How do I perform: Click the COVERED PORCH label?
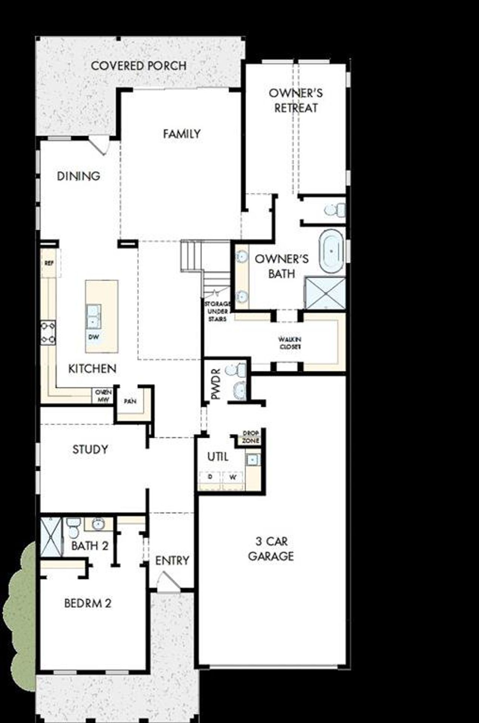pyautogui.click(x=138, y=66)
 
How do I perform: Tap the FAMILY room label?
pyautogui.click(x=181, y=134)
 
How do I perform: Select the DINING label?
pyautogui.click(x=79, y=176)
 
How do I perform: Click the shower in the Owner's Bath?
pyautogui.click(x=326, y=293)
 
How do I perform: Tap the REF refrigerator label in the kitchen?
pyautogui.click(x=49, y=263)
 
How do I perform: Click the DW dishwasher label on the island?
pyautogui.click(x=94, y=337)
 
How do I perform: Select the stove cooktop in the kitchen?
pyautogui.click(x=48, y=332)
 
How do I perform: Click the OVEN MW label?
pyautogui.click(x=103, y=396)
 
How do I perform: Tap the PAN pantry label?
pyautogui.click(x=130, y=401)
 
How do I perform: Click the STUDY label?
pyautogui.click(x=90, y=449)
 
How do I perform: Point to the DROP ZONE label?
pyautogui.click(x=250, y=437)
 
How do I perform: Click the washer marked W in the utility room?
pyautogui.click(x=233, y=477)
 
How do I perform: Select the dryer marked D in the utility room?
pyautogui.click(x=210, y=477)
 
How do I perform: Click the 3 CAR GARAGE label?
pyautogui.click(x=271, y=549)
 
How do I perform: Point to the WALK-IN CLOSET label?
pyautogui.click(x=290, y=343)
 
